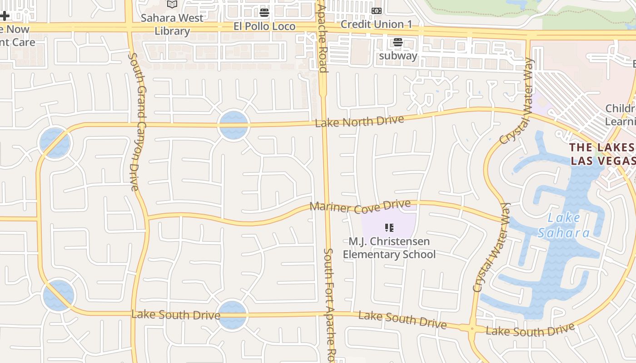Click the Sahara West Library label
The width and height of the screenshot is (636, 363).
click(x=172, y=25)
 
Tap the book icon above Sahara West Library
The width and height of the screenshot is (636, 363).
click(x=172, y=5)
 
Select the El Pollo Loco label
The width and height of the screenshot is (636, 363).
click(x=264, y=26)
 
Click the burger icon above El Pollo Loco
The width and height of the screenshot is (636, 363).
click(x=264, y=13)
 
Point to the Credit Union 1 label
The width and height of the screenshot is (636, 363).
click(x=376, y=24)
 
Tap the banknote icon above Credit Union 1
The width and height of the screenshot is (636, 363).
click(x=376, y=11)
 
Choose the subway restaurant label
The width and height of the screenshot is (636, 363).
click(x=398, y=56)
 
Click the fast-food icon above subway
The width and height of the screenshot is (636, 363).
click(x=398, y=43)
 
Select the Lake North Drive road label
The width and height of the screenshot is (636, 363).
click(x=359, y=121)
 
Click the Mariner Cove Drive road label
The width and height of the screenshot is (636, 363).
click(x=360, y=206)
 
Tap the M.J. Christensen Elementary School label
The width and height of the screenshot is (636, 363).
click(x=389, y=248)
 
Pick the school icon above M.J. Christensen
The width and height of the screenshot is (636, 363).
click(x=389, y=228)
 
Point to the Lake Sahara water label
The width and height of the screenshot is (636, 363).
click(x=564, y=225)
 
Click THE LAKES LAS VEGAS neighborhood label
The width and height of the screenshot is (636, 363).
click(x=602, y=154)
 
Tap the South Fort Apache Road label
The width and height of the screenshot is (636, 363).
click(x=329, y=304)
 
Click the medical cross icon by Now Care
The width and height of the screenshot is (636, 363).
click(x=5, y=16)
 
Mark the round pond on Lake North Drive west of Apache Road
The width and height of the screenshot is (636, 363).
click(x=234, y=126)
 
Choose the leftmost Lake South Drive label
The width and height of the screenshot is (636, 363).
click(x=175, y=314)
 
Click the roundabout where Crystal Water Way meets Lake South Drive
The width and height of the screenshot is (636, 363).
click(x=472, y=328)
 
